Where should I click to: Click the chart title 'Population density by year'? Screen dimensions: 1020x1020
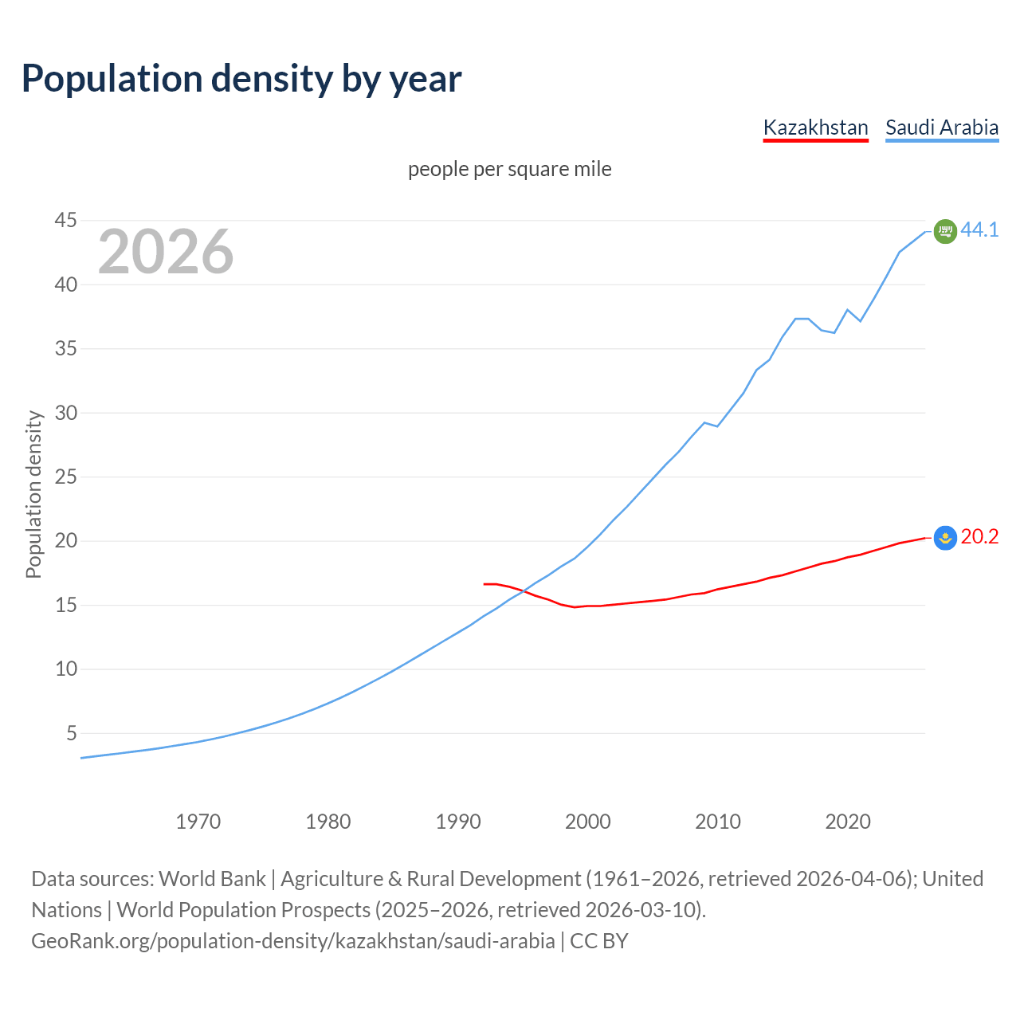(241, 79)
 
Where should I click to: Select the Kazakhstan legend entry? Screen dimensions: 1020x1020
(815, 127)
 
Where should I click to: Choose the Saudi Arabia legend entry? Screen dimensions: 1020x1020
(941, 127)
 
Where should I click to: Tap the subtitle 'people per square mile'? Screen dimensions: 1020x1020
(509, 170)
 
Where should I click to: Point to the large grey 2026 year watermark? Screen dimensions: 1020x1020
(166, 252)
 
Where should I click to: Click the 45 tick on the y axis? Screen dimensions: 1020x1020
(66, 221)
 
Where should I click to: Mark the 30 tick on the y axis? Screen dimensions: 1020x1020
(66, 413)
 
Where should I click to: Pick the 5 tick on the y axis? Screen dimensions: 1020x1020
(72, 733)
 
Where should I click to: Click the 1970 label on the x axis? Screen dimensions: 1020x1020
(198, 822)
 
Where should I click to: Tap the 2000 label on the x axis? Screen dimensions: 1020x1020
(587, 822)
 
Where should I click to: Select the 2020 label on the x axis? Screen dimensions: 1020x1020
(847, 822)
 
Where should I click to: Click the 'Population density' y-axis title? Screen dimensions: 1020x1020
(33, 494)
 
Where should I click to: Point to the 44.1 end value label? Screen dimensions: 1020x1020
(979, 230)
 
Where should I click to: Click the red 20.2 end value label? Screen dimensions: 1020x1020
(979, 537)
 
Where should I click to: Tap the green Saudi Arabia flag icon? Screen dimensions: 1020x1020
(945, 231)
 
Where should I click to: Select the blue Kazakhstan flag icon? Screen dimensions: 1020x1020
(945, 539)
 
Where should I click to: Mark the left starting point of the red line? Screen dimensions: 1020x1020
(484, 584)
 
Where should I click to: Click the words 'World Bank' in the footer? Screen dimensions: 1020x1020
(212, 879)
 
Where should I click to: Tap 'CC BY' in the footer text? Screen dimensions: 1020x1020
(598, 941)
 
